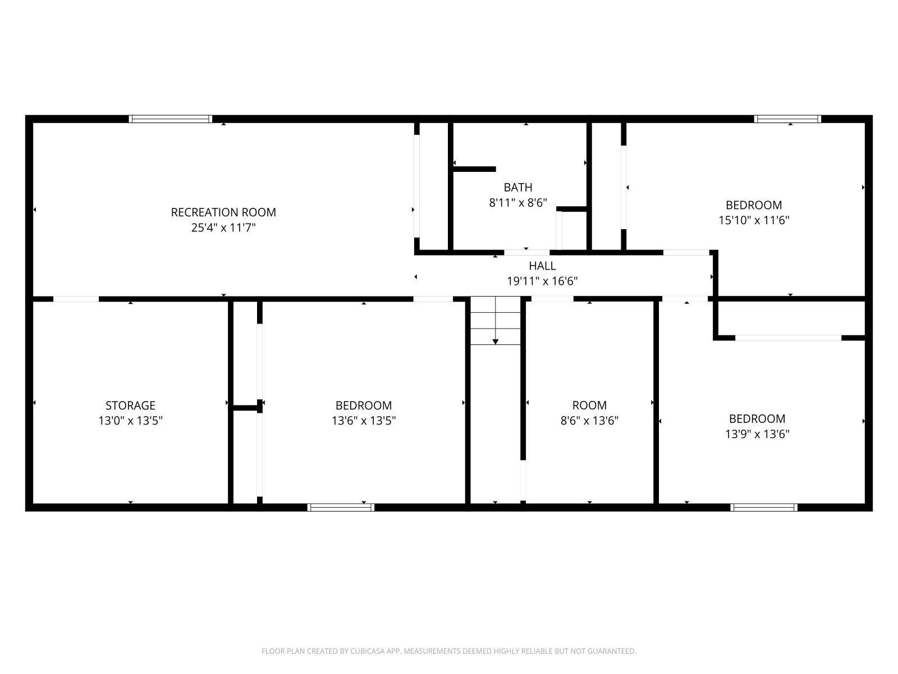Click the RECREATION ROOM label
click(x=223, y=212)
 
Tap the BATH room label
click(x=518, y=188)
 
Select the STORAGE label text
click(x=131, y=406)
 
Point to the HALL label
click(x=542, y=266)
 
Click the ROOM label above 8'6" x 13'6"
click(x=589, y=405)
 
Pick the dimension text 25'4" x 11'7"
click(x=223, y=227)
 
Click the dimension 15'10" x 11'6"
click(x=754, y=220)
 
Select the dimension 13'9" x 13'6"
click(x=757, y=434)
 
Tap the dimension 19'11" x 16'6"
click(x=542, y=281)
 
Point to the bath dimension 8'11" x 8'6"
click(x=518, y=203)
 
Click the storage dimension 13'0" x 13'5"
click(x=131, y=421)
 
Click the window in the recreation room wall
click(x=171, y=119)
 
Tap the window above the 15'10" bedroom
click(x=787, y=119)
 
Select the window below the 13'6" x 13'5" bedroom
click(x=341, y=507)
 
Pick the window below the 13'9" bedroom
click(x=764, y=507)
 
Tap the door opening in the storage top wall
click(x=76, y=299)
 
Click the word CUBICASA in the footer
click(x=368, y=651)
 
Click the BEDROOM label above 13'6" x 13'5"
click(x=364, y=406)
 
